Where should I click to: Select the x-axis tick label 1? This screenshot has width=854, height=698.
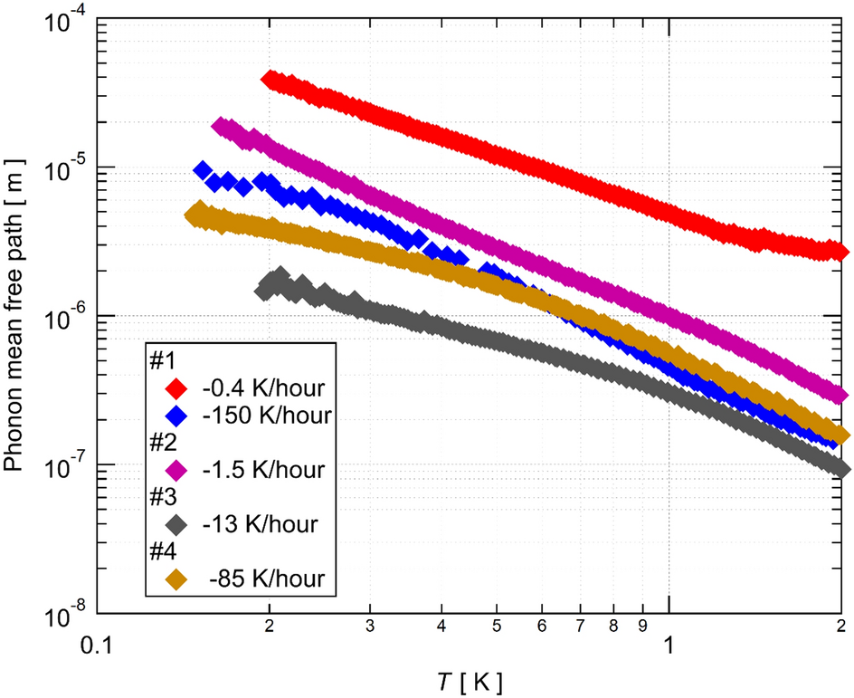[x=669, y=644]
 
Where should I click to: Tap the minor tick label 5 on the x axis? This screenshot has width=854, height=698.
[x=496, y=626]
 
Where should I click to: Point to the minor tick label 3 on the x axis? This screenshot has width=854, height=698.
[x=369, y=626]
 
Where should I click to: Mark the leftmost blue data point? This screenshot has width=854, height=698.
[x=204, y=170]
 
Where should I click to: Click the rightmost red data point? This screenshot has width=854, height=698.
[x=840, y=251]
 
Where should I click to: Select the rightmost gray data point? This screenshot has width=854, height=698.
[x=840, y=467]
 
